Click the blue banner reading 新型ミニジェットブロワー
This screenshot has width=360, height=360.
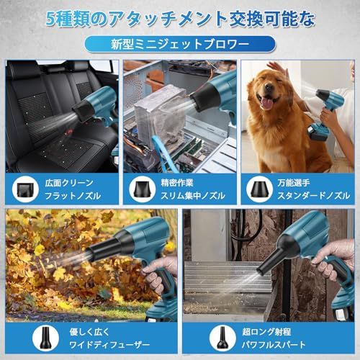[179, 44]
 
